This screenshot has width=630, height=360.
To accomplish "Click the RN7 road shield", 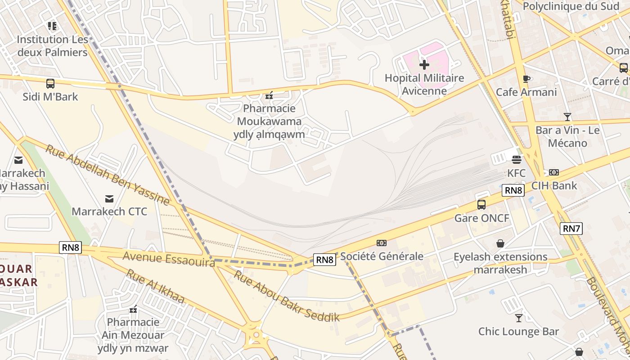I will point(571,229).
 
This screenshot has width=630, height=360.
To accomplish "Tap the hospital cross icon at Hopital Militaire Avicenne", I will point(424,65).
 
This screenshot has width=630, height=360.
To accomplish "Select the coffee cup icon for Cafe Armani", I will point(526,79).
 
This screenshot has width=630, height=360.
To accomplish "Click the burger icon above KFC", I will point(516,159).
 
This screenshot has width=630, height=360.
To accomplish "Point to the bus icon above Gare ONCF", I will point(481,205).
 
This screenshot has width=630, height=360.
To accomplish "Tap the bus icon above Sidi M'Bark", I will point(50,83).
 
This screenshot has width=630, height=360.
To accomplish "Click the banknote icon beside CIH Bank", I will point(553,172).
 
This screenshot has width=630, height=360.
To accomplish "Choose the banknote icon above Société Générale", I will point(382,243).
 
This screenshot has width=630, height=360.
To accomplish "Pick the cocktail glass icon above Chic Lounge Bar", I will point(519,318).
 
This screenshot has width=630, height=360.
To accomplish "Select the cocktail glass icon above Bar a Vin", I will point(567,117).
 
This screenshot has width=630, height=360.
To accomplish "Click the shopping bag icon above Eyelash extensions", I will point(500,243).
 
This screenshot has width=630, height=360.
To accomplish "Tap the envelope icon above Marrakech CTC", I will point(109,198).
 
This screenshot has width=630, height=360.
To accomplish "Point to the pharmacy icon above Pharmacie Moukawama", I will point(269,95).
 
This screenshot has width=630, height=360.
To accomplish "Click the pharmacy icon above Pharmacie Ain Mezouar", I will point(133,309).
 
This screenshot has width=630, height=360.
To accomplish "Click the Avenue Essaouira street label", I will point(168,259).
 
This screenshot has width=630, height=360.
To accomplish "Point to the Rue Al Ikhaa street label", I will point(155,286).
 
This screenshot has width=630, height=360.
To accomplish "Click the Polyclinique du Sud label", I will point(571,6).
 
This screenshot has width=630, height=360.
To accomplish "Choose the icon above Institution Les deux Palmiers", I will point(52,26).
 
